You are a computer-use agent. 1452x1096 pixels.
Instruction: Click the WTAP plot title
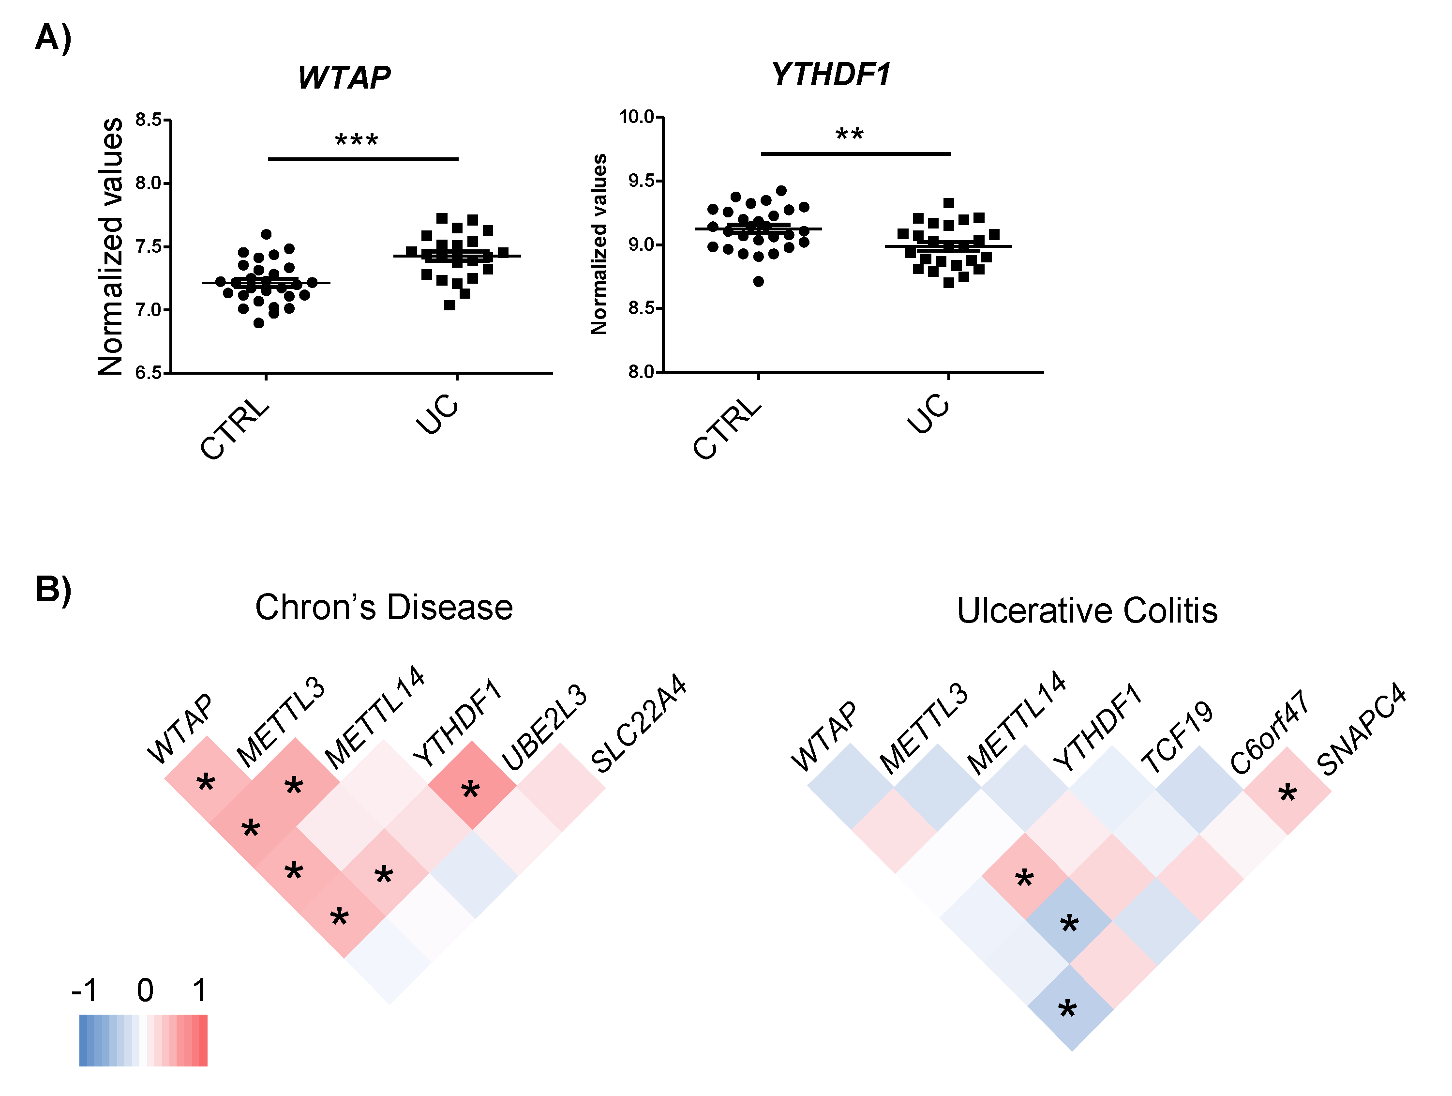point(344,77)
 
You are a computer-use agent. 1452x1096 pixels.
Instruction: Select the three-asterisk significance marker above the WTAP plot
point(357,140)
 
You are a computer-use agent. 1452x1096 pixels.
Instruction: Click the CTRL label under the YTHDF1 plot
point(727,428)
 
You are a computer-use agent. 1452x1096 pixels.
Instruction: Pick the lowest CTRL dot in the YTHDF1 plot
point(758,281)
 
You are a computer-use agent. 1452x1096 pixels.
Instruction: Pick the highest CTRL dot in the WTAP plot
point(266,234)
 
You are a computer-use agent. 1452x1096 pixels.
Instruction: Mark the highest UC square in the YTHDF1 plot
point(948,203)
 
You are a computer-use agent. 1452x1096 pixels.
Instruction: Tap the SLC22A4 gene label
point(639,723)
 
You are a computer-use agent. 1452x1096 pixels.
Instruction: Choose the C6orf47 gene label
point(1269,733)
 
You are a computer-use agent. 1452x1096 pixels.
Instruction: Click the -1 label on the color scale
point(85,989)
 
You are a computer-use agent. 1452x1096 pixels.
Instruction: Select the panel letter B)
point(53,589)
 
